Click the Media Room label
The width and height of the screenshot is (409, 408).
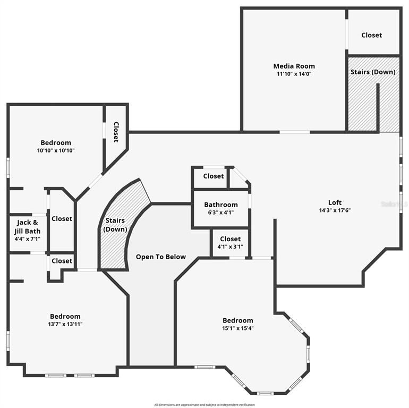(294, 66)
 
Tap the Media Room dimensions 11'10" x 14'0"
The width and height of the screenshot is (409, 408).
(294, 74)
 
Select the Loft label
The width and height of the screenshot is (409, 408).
(335, 202)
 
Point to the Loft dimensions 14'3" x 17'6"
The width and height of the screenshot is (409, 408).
(335, 210)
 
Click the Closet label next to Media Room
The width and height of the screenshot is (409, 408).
(371, 35)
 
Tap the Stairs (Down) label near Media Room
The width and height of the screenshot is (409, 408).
(372, 72)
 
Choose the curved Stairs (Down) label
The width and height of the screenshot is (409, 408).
(115, 224)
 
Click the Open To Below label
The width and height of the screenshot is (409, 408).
(161, 257)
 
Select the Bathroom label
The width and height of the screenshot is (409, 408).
(220, 205)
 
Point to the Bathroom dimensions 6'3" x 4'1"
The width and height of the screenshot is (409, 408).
(220, 212)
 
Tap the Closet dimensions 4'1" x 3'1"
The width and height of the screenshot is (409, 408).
(230, 246)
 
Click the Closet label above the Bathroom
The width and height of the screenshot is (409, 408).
(214, 176)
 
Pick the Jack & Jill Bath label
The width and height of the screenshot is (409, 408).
(28, 226)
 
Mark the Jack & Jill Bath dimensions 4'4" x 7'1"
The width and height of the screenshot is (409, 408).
(28, 239)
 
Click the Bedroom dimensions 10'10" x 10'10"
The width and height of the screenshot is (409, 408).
(56, 150)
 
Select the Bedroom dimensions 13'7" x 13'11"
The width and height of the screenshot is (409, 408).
(65, 324)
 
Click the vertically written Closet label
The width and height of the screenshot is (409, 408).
(115, 132)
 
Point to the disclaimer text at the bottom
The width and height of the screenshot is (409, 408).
(204, 405)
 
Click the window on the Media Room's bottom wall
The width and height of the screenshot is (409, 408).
(295, 132)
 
